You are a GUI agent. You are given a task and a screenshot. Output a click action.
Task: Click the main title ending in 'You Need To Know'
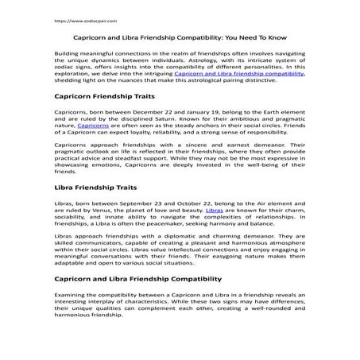pyautogui.click(x=180, y=37)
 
